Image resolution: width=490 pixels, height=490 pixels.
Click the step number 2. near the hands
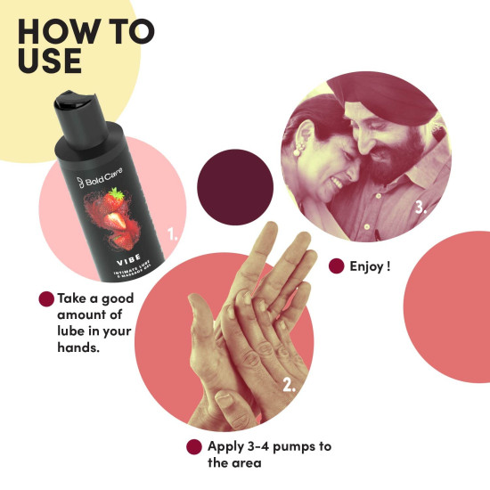point(289,386)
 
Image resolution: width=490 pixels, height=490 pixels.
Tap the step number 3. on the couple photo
point(421,209)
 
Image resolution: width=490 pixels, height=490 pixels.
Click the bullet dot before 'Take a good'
point(45,299)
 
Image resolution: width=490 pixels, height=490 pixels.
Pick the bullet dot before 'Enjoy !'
point(337,265)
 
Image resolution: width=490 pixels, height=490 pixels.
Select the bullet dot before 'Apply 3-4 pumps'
point(193,446)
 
